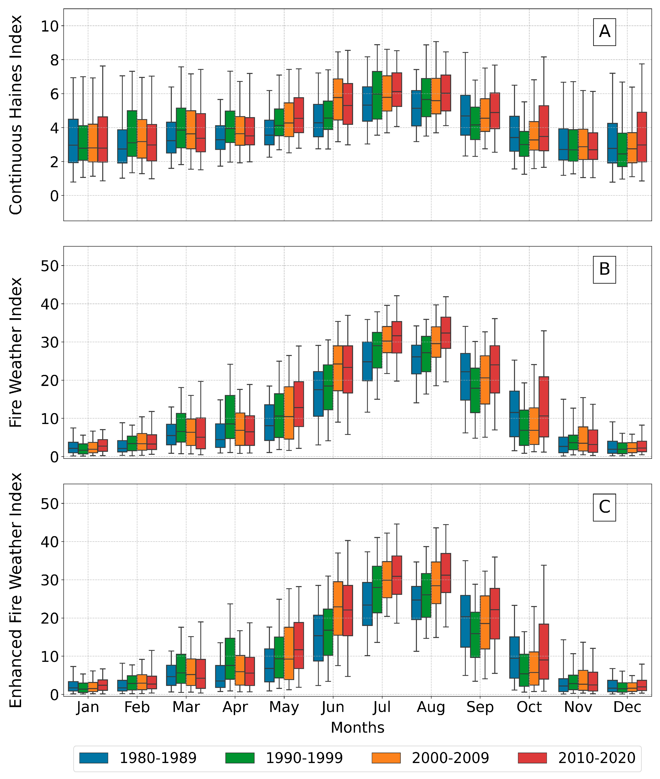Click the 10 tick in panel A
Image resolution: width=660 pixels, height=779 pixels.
point(50,26)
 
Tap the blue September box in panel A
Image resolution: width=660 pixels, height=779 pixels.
point(465,115)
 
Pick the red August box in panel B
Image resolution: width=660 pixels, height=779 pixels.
point(446,333)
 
